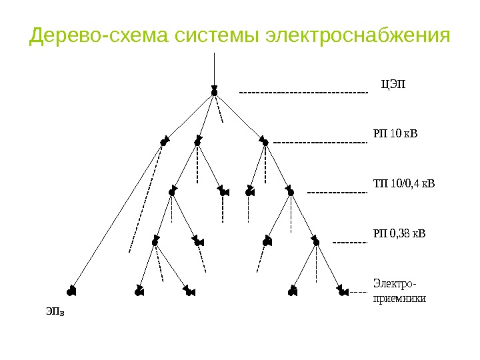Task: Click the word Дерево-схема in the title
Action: coord(99,35)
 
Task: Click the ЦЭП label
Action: coord(393,83)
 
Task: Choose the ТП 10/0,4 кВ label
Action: coord(403,183)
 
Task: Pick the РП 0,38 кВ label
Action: coord(398,233)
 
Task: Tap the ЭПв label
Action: coord(55,311)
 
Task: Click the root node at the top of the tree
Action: coord(214,92)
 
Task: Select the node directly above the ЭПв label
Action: coord(71,291)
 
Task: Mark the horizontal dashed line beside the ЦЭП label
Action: coord(303,92)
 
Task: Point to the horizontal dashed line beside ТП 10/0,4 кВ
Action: coord(337,193)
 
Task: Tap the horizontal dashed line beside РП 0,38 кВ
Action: coord(350,242)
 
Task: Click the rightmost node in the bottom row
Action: coord(341,291)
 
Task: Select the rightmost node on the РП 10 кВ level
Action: coord(265,142)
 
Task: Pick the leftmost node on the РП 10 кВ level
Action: coord(163,142)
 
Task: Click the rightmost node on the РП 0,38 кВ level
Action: coord(316,241)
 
